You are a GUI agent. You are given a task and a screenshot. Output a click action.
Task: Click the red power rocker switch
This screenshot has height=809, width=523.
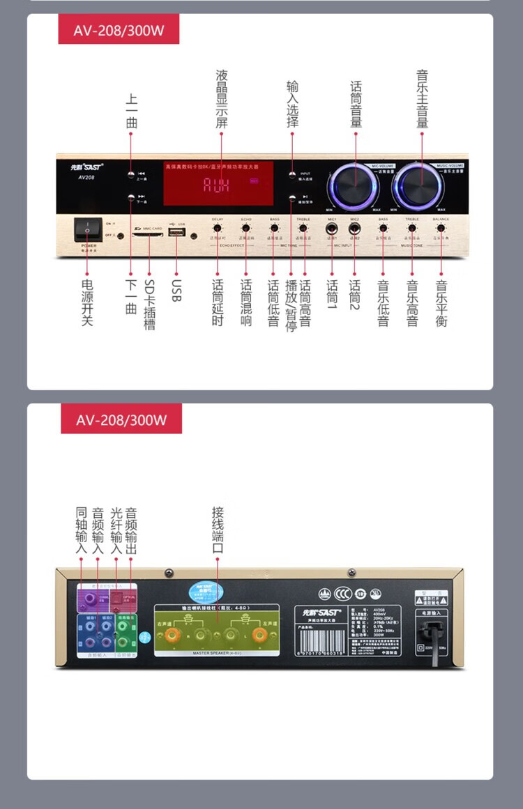point(89,229)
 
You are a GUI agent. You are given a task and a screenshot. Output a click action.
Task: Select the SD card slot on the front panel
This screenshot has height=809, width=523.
point(147,234)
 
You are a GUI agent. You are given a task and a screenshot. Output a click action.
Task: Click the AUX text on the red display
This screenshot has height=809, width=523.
point(217,185)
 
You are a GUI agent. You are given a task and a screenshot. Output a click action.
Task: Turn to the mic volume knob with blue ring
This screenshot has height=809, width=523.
point(354,185)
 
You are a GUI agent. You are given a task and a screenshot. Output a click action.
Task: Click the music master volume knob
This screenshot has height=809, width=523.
point(420,185)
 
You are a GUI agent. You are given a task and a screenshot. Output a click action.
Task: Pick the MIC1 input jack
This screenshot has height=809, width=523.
point(332,228)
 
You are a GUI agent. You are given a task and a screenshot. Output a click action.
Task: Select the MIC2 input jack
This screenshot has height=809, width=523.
point(354,228)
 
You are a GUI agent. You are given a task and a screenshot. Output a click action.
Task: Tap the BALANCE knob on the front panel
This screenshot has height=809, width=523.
point(440,228)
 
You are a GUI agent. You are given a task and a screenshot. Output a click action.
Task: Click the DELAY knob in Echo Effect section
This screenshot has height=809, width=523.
point(218,228)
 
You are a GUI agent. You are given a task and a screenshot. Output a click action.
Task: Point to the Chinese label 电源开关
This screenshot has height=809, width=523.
point(87,302)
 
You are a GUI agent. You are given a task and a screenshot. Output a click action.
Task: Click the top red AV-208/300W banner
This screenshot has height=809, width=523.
point(119,29)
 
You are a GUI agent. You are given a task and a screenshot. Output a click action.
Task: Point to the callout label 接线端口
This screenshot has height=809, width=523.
point(218,530)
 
